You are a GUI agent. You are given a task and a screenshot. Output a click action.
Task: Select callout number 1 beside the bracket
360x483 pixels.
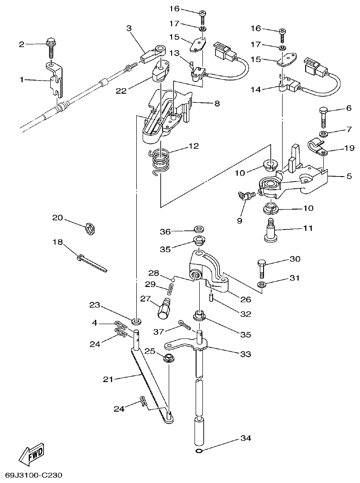(21, 80)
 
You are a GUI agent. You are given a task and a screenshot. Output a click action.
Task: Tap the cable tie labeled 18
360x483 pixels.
(92, 263)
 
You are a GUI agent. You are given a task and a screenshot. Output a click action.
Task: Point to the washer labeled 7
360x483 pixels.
(323, 134)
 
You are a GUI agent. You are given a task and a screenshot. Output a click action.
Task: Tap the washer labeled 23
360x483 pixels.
(136, 321)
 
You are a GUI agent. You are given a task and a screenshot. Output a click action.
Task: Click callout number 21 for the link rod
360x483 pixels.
(108, 379)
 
